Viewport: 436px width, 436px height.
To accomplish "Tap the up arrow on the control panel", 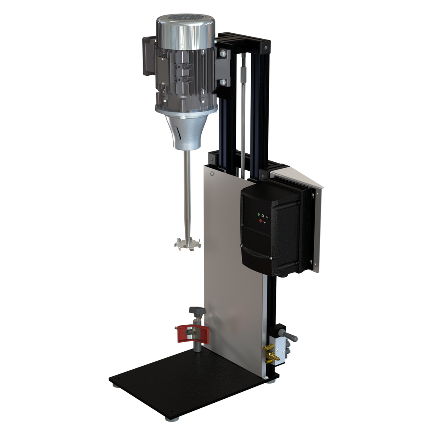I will [267, 216].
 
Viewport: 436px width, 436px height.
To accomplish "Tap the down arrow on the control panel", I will [265, 222].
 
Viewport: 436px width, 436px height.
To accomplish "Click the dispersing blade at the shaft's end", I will [186, 245].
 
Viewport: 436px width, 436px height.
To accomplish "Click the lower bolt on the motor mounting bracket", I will [223, 82].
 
